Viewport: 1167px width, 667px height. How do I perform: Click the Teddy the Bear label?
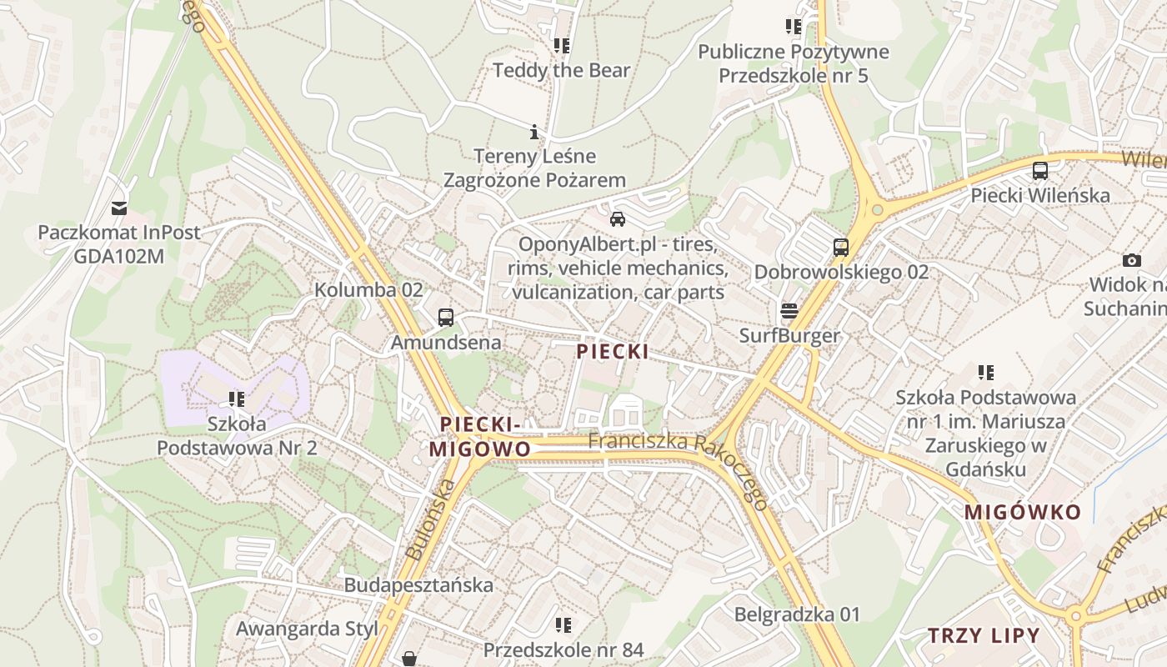[561, 70]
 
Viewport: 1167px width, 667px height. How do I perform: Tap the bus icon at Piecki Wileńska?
[1040, 171]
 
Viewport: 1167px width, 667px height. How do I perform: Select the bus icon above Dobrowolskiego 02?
[840, 248]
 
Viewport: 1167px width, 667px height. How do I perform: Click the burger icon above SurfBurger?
[789, 312]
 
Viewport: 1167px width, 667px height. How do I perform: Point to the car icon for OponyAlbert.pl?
[618, 219]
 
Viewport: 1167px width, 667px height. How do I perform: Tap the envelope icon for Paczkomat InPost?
[119, 208]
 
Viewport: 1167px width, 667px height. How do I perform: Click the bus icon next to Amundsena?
[446, 318]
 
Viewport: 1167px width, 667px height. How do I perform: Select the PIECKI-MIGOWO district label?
[479, 437]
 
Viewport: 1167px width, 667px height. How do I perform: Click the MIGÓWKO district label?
[1023, 512]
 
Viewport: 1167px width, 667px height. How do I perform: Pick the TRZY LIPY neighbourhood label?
[984, 635]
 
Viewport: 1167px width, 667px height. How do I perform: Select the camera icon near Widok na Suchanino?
[1131, 260]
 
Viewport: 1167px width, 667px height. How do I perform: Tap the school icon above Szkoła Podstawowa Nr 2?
[237, 399]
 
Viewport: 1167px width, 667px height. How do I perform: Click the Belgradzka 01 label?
[797, 614]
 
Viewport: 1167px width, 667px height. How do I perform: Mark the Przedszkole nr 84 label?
[563, 649]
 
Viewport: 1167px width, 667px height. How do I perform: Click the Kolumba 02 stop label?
[368, 290]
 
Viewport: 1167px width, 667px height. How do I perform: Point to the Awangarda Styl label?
[301, 628]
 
